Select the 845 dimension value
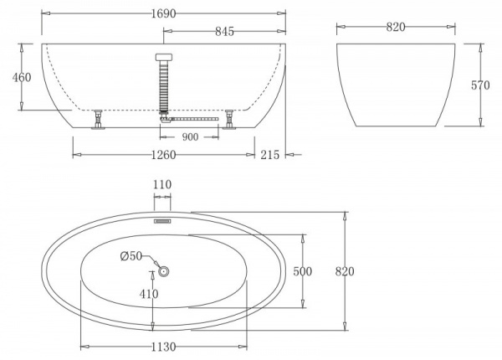[223, 32]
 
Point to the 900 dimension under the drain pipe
[190, 136]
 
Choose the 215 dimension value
[270, 154]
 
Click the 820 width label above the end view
[396, 27]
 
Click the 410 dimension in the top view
[150, 295]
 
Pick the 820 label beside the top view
[345, 271]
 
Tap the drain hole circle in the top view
[163, 271]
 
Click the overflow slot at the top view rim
[162, 221]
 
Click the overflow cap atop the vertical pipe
[162, 56]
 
